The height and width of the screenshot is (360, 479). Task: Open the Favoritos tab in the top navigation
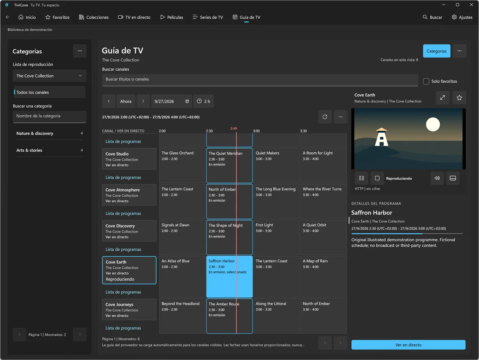point(57,17)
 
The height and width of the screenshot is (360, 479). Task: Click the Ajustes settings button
point(462,17)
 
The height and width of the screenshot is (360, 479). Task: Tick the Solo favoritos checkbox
point(426,81)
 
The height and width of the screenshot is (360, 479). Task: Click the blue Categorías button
point(436,51)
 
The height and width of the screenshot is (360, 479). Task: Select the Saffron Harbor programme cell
point(229,277)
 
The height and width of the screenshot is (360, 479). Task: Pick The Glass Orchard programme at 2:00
point(182,165)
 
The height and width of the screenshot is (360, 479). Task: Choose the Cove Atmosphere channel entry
point(129,195)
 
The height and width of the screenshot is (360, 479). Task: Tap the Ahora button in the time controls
point(126,101)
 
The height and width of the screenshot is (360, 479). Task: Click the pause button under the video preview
point(361,178)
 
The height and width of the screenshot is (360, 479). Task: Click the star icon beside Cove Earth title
point(460,98)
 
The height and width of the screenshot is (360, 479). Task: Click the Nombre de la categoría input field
point(49,116)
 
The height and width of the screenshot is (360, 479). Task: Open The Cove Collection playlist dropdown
point(49,76)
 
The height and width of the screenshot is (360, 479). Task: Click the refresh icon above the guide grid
point(325,117)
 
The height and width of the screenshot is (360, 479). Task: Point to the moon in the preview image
point(433,124)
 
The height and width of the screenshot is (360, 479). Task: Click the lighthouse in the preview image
point(381,137)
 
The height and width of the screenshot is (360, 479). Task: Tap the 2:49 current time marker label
point(234,128)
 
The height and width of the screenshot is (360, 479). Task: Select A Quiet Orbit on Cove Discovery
point(323,237)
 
